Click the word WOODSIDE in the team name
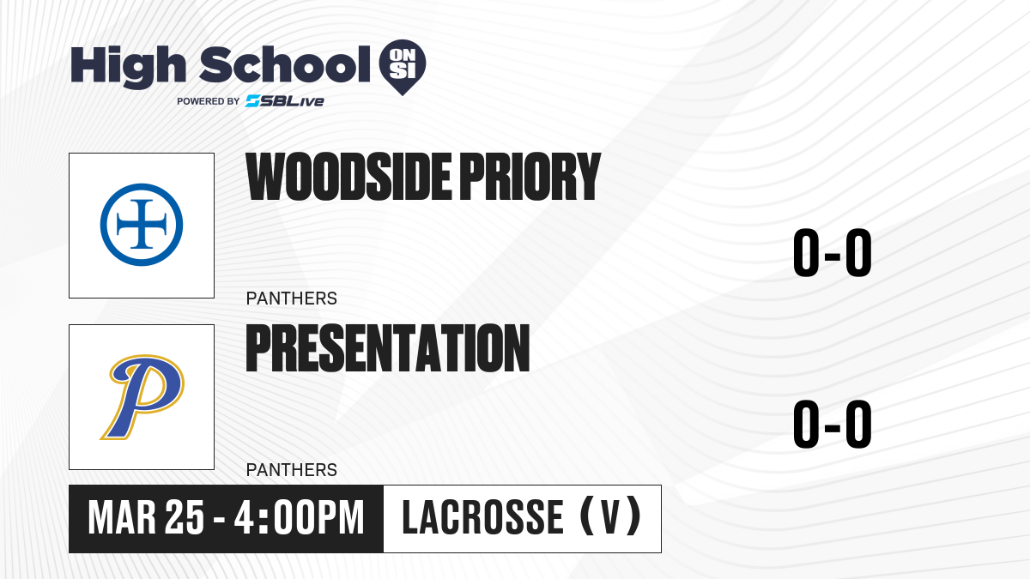point(348,177)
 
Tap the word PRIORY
point(530,177)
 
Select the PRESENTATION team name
point(388,348)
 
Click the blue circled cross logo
point(142,225)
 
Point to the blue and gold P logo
point(142,397)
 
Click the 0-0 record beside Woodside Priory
point(833,253)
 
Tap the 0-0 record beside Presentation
point(833,424)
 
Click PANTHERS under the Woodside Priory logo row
point(292,299)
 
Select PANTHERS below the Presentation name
point(292,470)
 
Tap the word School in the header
point(285,64)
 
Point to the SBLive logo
point(285,101)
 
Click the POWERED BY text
point(209,101)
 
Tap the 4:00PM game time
point(299,518)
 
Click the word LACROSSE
point(482,518)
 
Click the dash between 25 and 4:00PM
point(220,521)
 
